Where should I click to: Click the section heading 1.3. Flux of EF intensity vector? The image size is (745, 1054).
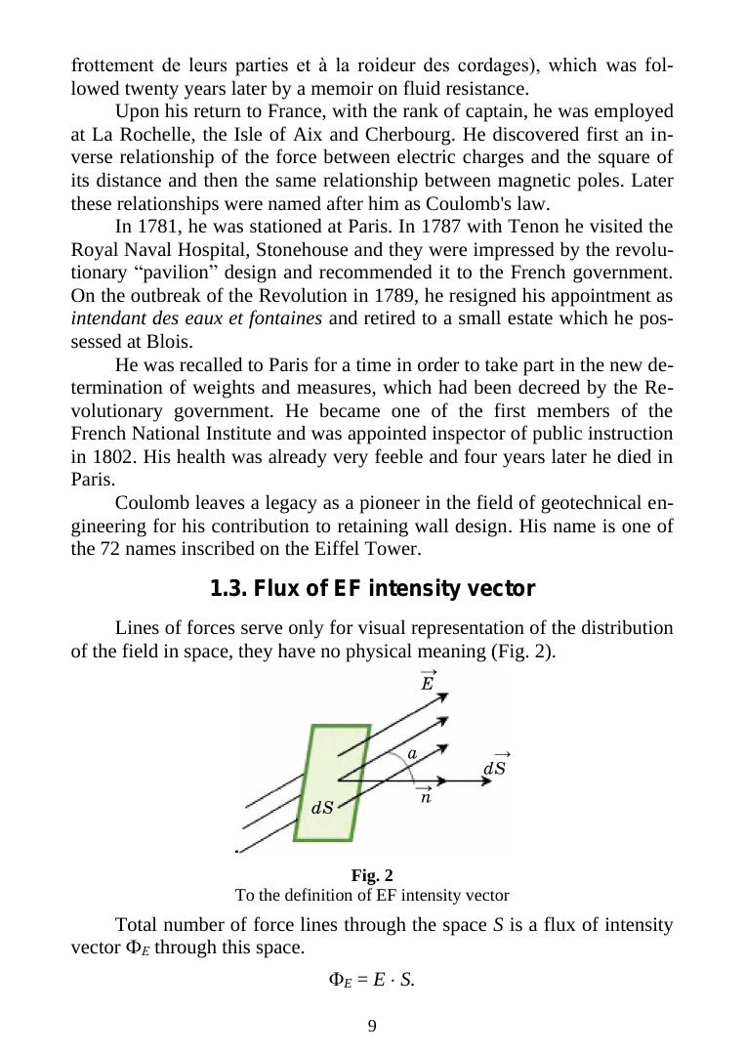[372, 589]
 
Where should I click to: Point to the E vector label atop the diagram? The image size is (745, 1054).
[427, 681]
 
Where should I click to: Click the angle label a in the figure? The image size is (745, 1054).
[412, 753]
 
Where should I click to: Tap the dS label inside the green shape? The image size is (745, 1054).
[322, 808]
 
